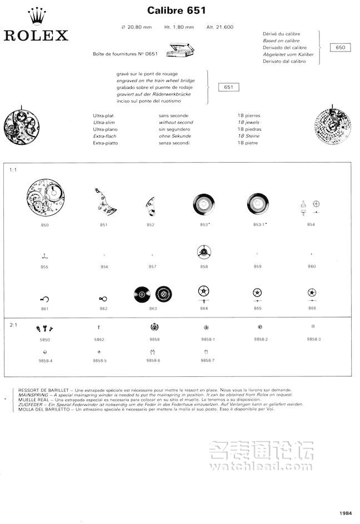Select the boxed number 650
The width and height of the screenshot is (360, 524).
[341, 48]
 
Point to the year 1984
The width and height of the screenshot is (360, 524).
[346, 513]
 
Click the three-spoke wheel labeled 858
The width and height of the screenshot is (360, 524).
[204, 253]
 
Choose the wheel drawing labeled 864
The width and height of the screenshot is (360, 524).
[204, 292]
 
